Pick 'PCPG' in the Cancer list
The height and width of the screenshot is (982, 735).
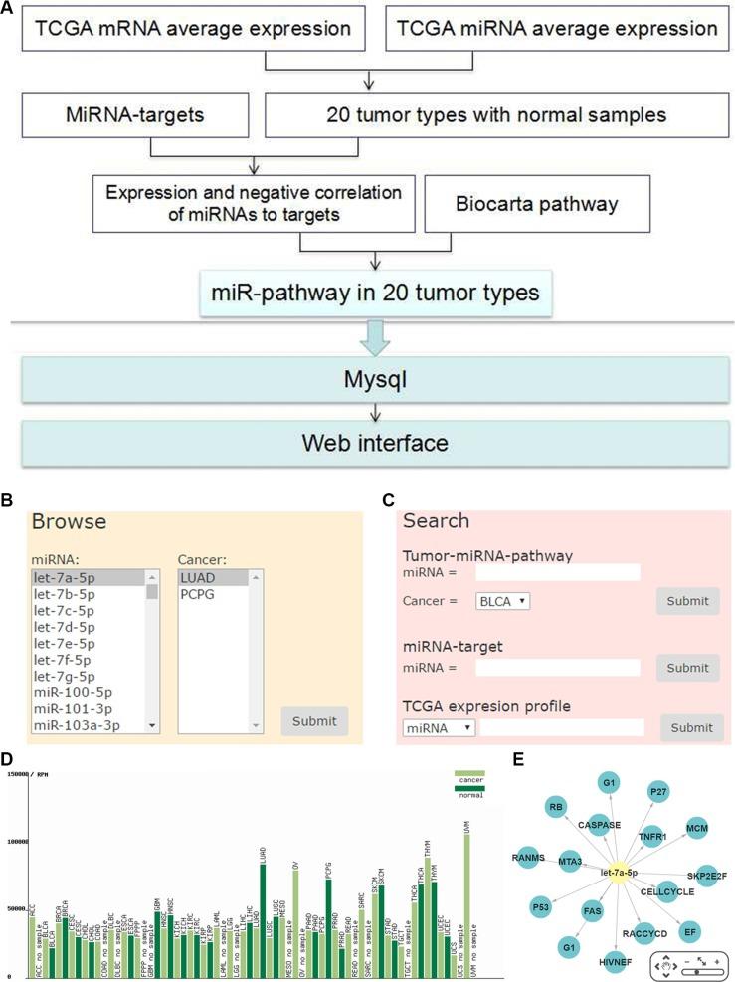198,594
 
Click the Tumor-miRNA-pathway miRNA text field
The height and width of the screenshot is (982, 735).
557,572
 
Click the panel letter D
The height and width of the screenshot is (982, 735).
9,760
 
